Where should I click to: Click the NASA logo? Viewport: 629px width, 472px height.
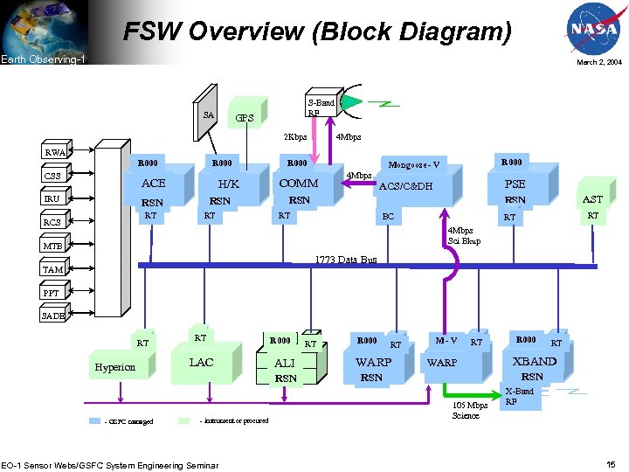593,29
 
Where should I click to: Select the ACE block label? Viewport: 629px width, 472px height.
153,184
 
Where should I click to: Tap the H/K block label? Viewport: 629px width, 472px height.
228,184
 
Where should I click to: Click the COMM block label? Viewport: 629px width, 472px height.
298,184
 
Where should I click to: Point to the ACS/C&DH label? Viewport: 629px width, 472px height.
405,186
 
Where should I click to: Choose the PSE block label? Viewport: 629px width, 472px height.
515,184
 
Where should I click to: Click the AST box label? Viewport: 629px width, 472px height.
592,199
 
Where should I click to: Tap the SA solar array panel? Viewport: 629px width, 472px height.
208,112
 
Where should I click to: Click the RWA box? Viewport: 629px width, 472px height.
56,152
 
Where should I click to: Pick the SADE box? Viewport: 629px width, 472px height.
53,316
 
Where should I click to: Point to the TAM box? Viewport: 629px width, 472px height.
53,270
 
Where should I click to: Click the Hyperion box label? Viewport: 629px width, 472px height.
115,367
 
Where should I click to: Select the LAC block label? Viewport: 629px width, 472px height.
201,363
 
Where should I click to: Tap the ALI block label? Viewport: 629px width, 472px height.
285,363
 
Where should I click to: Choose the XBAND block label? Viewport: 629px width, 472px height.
534,361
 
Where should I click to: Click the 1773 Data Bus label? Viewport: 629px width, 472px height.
345,260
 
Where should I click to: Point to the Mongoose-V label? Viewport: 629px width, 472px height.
414,164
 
